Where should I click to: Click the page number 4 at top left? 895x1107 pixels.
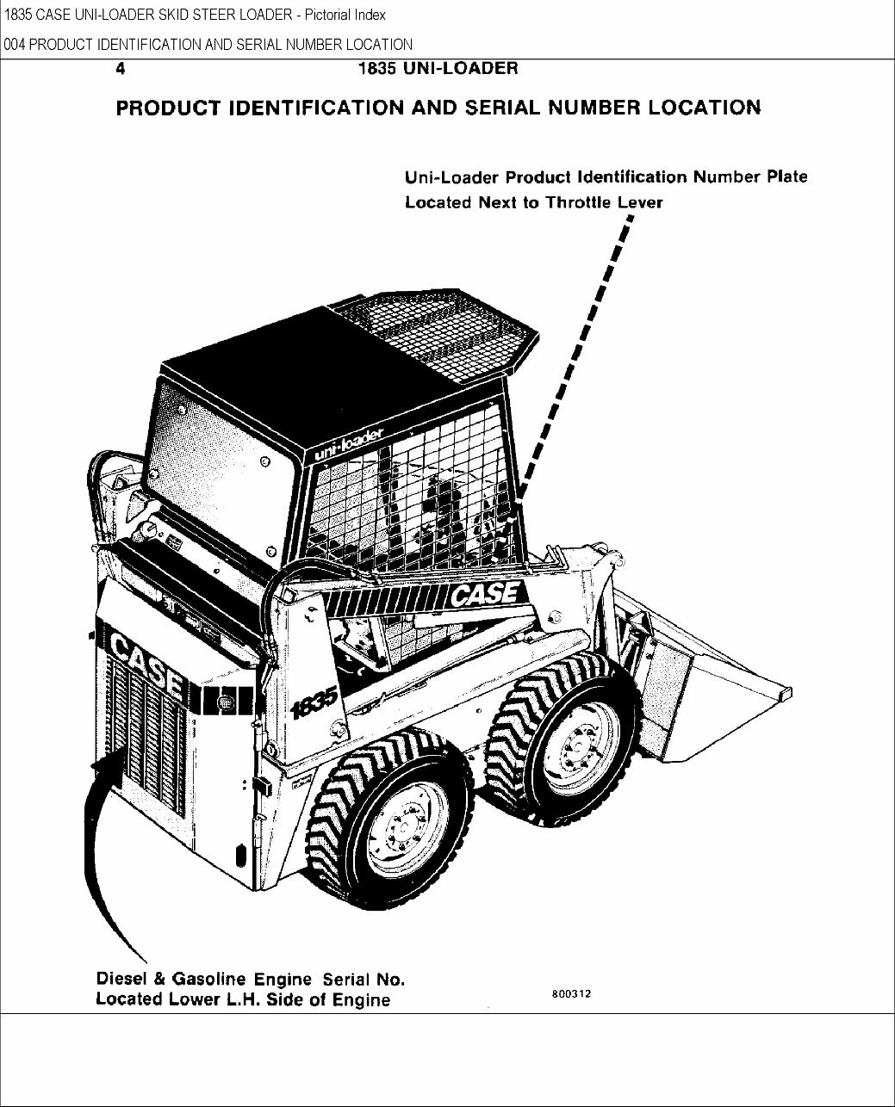point(121,70)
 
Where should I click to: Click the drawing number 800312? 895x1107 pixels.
point(570,993)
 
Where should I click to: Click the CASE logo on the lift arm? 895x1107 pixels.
point(485,593)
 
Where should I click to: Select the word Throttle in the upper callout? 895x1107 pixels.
point(580,203)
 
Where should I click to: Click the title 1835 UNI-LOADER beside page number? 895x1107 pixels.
point(438,70)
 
